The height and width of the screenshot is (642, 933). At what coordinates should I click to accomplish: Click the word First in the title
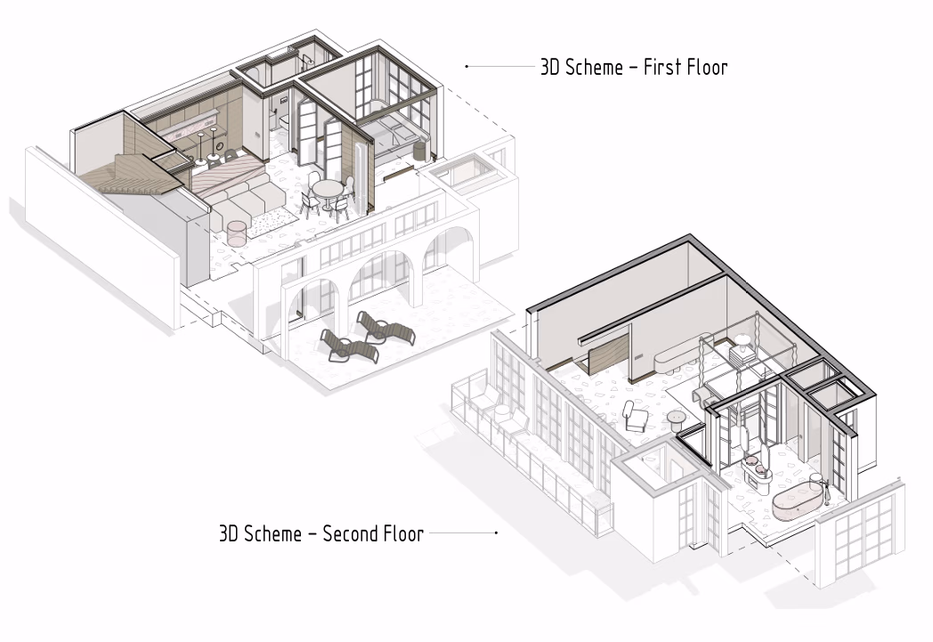661,67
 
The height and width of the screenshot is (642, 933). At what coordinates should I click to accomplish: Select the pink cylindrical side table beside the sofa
237,233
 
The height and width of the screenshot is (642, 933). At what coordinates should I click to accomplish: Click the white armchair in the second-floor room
635,417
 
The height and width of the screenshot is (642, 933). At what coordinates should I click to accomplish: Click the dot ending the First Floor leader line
466,67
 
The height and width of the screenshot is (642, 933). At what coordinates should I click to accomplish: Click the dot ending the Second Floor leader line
496,533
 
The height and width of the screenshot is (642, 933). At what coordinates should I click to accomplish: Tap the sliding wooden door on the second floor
608,354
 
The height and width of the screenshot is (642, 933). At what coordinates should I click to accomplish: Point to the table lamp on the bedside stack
742,341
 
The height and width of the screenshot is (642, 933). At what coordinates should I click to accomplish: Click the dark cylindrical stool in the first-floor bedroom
421,150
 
